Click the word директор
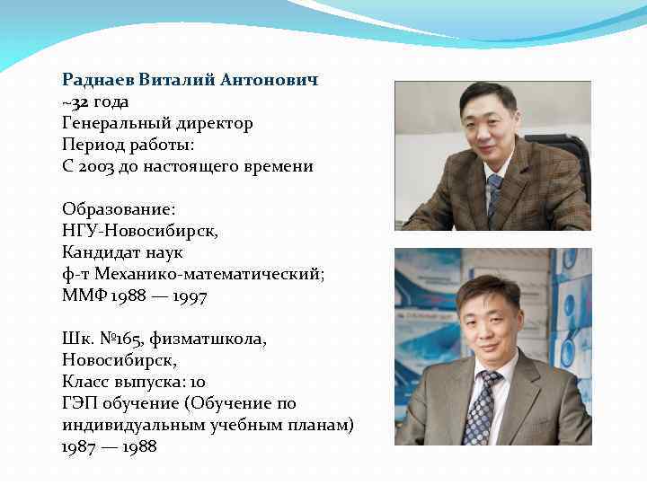[213, 123]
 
